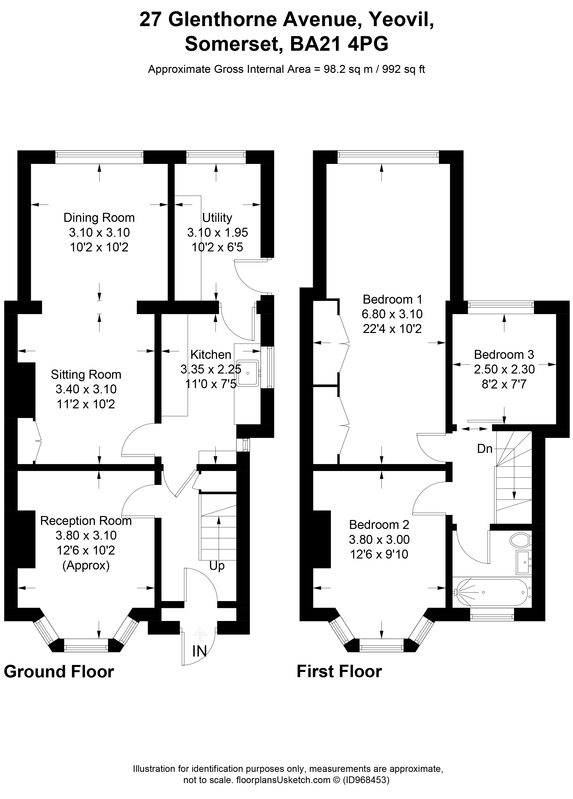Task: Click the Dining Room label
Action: [99, 218]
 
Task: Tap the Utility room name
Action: [217, 218]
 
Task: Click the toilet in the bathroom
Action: [521, 539]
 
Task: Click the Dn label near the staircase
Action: [484, 448]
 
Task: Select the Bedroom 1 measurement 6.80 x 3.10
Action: [392, 314]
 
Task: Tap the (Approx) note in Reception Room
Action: [86, 565]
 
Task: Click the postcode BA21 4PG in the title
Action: [339, 44]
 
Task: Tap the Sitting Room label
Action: [86, 375]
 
